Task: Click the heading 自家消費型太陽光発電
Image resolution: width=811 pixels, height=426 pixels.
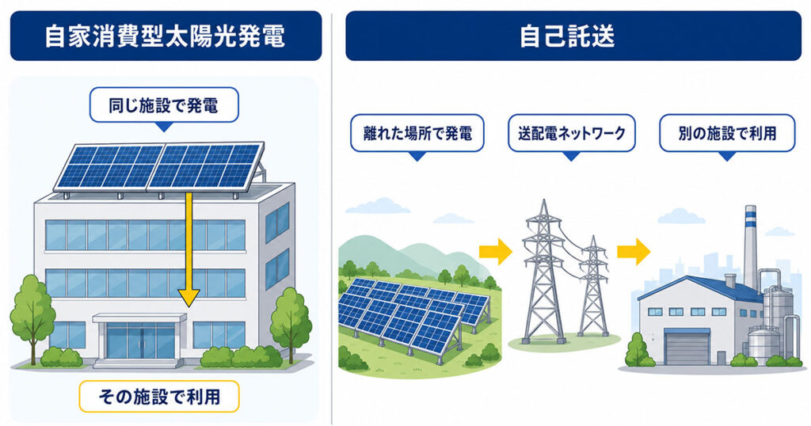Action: tap(166, 36)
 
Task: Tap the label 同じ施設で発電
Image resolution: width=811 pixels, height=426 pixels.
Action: tap(164, 105)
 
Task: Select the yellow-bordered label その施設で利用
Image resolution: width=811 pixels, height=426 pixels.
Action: tap(158, 397)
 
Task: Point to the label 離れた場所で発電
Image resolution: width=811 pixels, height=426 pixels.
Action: tap(417, 133)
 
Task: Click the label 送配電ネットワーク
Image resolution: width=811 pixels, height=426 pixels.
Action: tap(572, 133)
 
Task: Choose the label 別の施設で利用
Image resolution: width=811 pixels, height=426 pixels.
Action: tap(727, 133)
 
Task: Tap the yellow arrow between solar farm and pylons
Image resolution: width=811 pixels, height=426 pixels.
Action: tap(496, 252)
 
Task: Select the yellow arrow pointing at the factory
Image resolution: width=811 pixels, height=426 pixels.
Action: tap(634, 252)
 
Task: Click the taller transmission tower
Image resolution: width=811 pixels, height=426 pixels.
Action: tap(543, 272)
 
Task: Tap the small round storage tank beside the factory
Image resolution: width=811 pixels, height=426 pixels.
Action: tap(764, 344)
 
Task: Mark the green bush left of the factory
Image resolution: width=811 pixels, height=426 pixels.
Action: tap(639, 351)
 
